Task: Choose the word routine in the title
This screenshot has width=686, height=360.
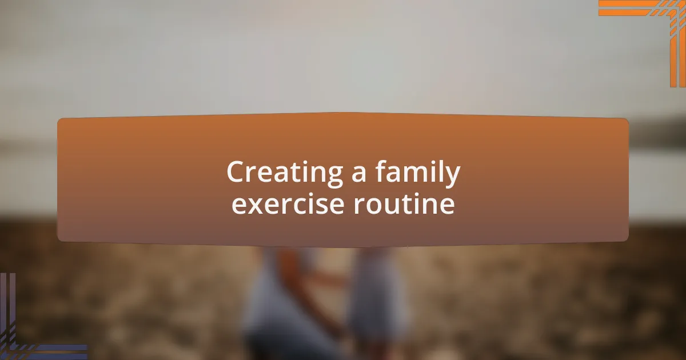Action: [x=404, y=205]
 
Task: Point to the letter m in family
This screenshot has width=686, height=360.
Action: [x=409, y=175]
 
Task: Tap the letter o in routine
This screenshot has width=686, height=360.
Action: [x=374, y=206]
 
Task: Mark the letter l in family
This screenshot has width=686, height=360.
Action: [x=439, y=172]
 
